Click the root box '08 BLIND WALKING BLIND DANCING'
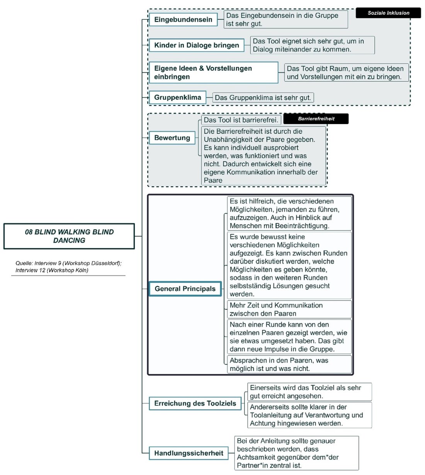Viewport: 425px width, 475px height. (x=69, y=236)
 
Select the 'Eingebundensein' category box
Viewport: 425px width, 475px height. (x=183, y=19)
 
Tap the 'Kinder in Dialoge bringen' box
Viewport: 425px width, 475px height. (x=196, y=45)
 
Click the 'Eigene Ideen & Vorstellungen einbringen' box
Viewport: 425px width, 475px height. (x=213, y=72)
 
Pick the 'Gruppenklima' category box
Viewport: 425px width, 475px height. (x=177, y=97)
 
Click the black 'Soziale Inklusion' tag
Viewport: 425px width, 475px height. (x=388, y=13)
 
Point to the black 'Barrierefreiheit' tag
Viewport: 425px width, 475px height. (x=316, y=119)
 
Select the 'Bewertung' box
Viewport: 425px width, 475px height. (x=172, y=138)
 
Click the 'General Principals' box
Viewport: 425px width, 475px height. (x=185, y=289)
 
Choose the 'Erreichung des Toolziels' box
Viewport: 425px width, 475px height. (x=195, y=403)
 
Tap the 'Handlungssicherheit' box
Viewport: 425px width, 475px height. (x=189, y=453)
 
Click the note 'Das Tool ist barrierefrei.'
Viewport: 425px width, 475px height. (x=241, y=120)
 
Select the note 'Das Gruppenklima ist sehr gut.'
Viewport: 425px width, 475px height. (x=263, y=97)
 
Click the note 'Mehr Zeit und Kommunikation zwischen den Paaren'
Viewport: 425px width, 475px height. (x=289, y=309)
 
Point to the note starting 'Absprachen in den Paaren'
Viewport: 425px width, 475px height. (x=289, y=364)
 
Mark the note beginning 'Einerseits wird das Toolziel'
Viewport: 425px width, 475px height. (x=309, y=392)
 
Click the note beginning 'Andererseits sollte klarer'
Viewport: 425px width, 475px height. (x=309, y=415)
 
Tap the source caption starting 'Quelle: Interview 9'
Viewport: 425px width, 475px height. (x=68, y=267)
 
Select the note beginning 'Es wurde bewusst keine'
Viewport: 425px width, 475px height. (x=289, y=265)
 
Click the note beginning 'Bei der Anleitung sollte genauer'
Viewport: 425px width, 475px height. (x=296, y=453)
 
